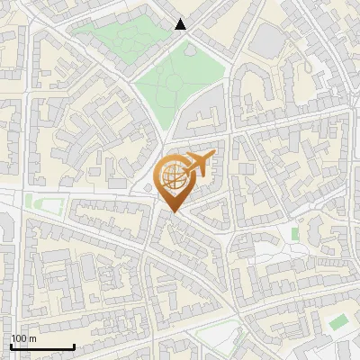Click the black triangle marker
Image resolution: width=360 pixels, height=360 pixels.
click(181, 24)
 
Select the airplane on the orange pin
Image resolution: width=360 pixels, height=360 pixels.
click(199, 163)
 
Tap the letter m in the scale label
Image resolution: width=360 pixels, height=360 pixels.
click(33, 338)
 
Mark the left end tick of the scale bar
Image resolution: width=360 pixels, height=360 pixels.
click(11, 346)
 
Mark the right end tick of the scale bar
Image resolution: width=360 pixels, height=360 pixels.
click(74, 346)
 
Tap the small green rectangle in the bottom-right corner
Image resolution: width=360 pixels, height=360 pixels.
click(337, 322)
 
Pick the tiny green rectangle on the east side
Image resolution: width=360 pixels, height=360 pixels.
click(294, 234)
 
